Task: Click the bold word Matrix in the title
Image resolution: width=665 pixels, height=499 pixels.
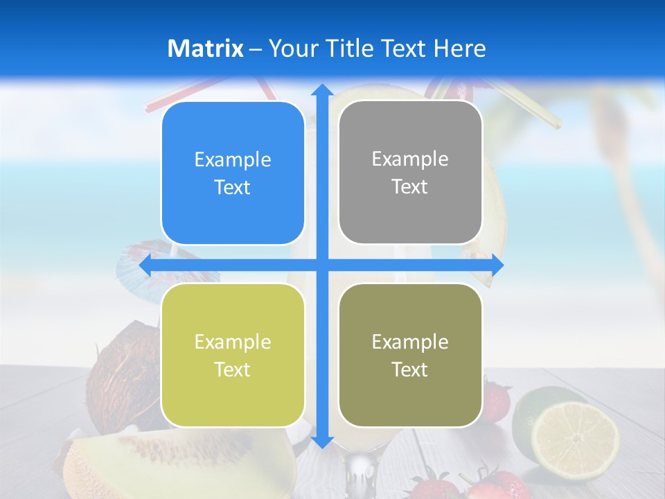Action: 205,49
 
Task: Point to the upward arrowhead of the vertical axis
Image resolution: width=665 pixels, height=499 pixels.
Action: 321,91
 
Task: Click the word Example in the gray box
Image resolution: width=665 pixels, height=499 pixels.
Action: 410,159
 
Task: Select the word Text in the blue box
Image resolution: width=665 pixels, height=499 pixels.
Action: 233,188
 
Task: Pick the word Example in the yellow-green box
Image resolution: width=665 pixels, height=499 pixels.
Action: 233,342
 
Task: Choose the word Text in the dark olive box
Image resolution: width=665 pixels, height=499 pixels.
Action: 410,369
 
